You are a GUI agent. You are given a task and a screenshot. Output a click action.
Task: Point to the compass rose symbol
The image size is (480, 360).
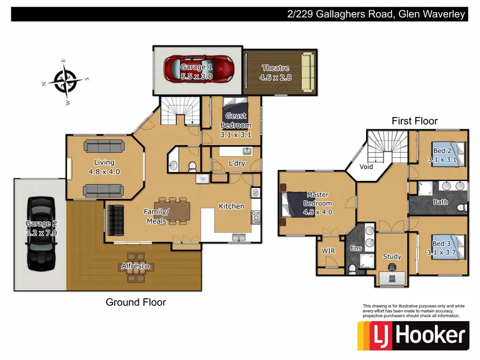click(x=66, y=81)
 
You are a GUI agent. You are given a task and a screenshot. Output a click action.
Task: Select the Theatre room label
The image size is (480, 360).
click(x=275, y=68)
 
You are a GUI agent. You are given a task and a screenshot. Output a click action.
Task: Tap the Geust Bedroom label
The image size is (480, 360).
click(x=236, y=121)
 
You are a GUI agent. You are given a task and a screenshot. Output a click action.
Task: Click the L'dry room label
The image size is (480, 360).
click(x=238, y=164)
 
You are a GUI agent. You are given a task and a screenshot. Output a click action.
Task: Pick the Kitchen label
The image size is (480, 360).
click(x=232, y=207)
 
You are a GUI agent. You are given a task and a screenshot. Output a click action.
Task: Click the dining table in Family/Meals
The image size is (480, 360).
click(x=173, y=212)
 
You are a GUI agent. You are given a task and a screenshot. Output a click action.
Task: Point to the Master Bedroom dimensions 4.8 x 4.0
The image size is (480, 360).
click(x=317, y=211)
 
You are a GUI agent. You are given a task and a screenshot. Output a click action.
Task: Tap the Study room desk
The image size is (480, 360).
click(x=392, y=277)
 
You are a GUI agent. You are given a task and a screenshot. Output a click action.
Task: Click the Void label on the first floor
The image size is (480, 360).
click(x=367, y=166)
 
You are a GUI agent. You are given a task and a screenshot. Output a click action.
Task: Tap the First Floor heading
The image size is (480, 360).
click(x=415, y=121)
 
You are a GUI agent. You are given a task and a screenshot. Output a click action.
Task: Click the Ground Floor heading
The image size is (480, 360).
click(x=136, y=302)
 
